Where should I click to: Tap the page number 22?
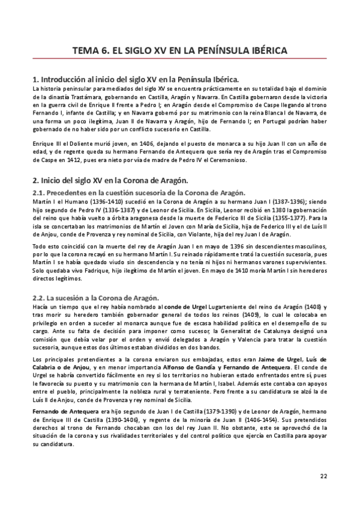323,476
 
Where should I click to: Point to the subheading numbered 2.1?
139,193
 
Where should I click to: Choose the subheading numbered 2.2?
95,298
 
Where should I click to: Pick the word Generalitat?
236,330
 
